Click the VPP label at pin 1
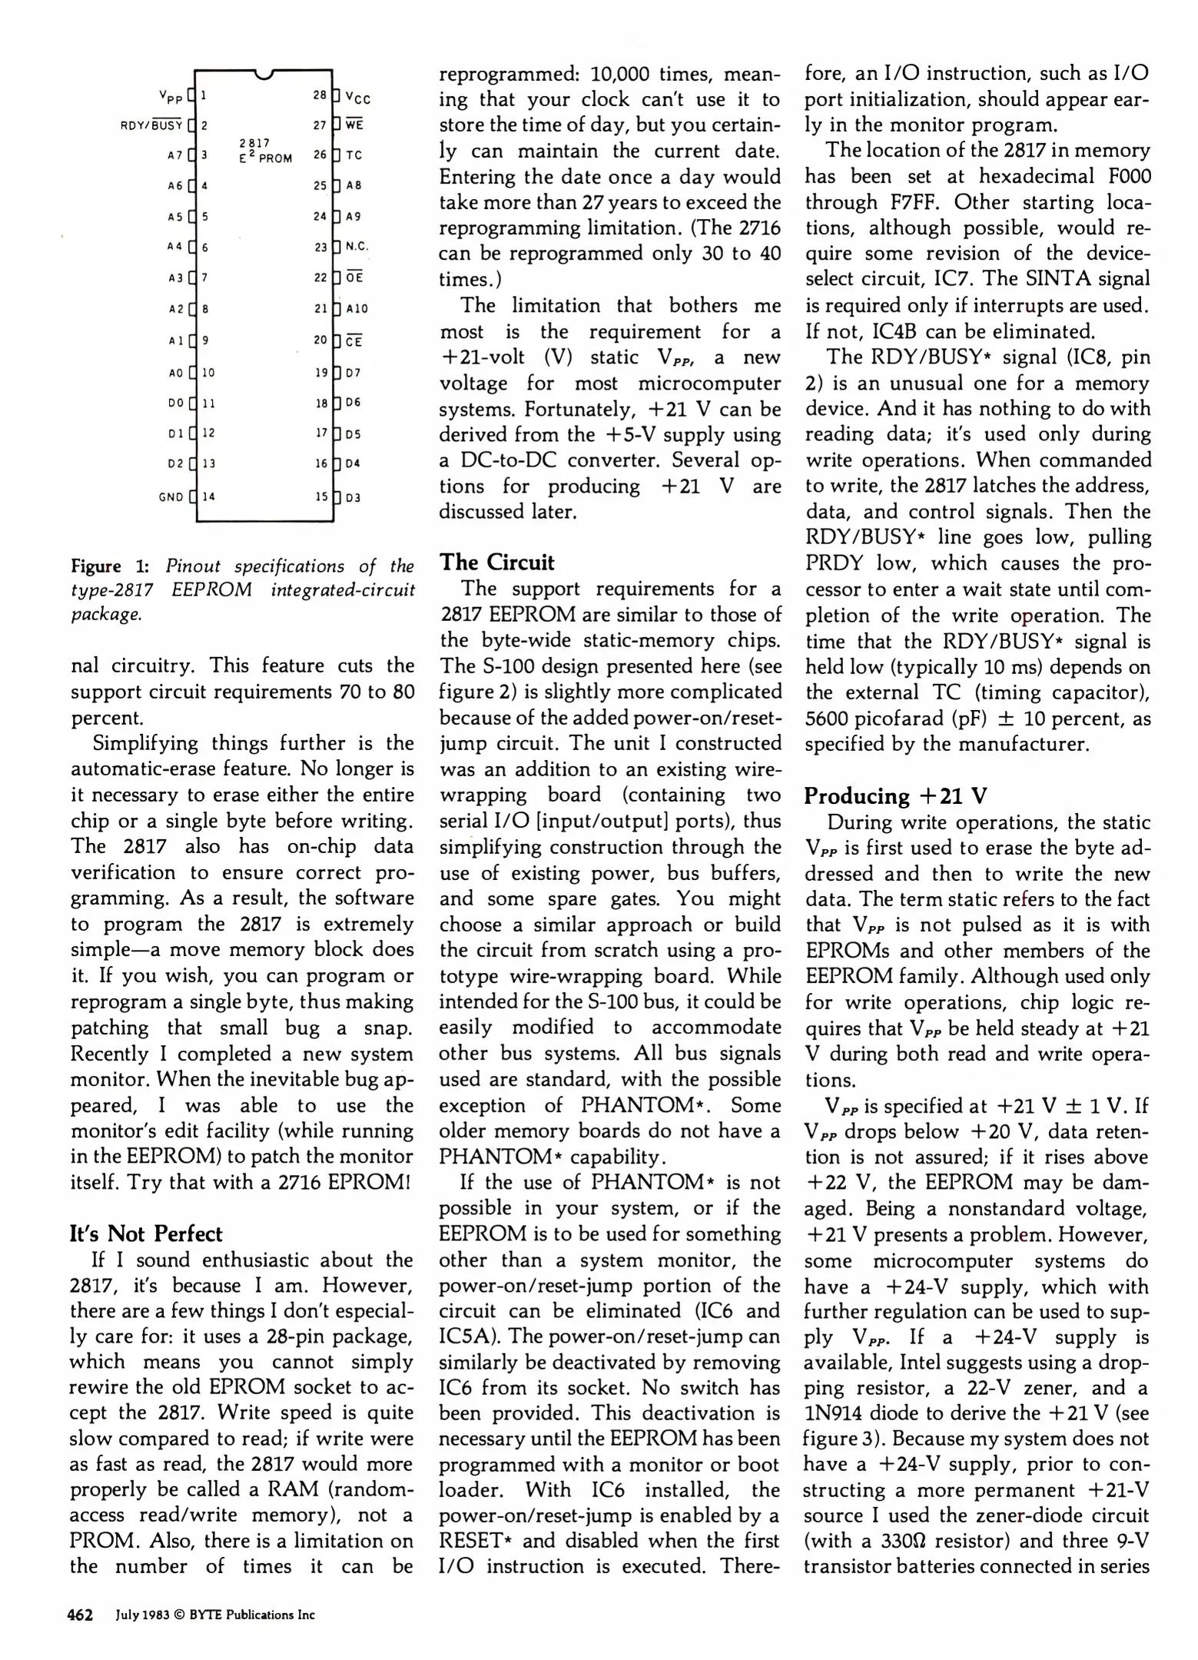tap(171, 97)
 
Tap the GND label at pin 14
tap(171, 497)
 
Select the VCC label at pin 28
tap(358, 99)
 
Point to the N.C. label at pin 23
tap(357, 247)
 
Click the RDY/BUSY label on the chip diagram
tap(151, 125)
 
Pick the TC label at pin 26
tap(353, 155)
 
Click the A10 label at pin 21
tap(357, 309)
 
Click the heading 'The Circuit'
tap(496, 563)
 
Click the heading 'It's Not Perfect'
tap(146, 1234)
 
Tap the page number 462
tap(80, 1615)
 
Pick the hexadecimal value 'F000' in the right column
tap(1130, 177)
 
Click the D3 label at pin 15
tap(353, 498)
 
